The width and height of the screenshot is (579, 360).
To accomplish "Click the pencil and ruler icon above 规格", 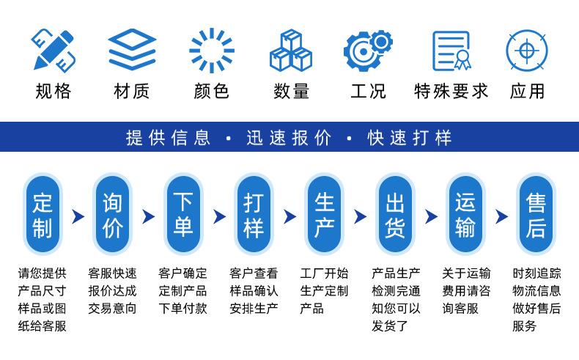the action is (x=53, y=50).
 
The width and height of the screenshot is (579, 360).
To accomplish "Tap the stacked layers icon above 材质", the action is (x=132, y=50).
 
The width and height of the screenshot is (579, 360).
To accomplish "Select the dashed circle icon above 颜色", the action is (x=212, y=50).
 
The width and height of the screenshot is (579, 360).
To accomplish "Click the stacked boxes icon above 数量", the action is (x=292, y=50).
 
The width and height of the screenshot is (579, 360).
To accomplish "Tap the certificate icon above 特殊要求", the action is (x=450, y=50).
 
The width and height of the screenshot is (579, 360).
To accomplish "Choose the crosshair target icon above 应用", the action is (x=527, y=50).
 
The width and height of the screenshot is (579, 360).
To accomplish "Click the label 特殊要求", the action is (x=450, y=92).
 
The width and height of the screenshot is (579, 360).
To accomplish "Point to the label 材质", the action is (x=132, y=92).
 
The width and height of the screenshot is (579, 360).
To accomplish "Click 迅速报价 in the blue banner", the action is (x=289, y=137).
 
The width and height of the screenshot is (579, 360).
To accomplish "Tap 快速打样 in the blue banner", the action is (x=410, y=137).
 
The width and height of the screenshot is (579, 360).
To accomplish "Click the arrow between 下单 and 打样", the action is (x=219, y=216).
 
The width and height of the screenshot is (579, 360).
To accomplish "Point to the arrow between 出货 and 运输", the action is (x=431, y=216).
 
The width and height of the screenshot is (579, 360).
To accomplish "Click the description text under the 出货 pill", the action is (x=396, y=299).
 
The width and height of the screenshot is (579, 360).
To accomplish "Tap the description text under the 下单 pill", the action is (x=183, y=291).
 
